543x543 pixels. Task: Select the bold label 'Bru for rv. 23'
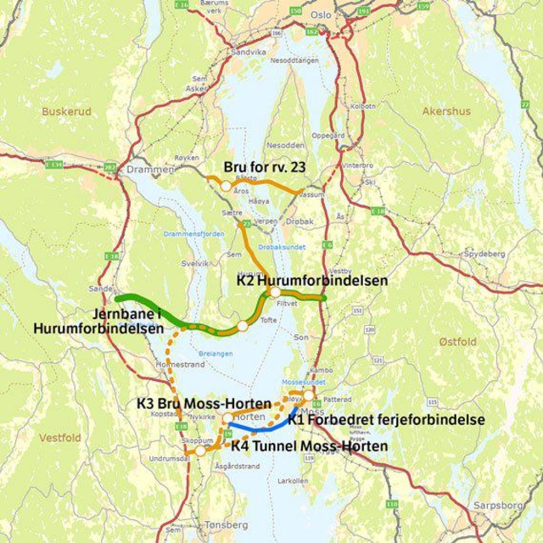click(x=264, y=167)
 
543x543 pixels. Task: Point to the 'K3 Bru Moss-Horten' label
click(x=204, y=402)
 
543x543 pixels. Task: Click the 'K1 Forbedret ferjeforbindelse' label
click(x=386, y=419)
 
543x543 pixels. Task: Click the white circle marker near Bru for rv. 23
click(x=226, y=184)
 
